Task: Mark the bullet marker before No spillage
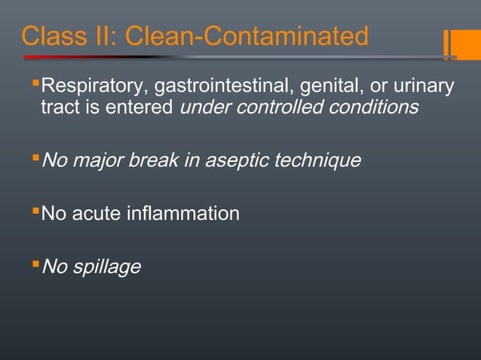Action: coord(35,264)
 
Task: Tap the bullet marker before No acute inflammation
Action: coord(35,211)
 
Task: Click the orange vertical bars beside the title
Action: coord(450,44)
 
